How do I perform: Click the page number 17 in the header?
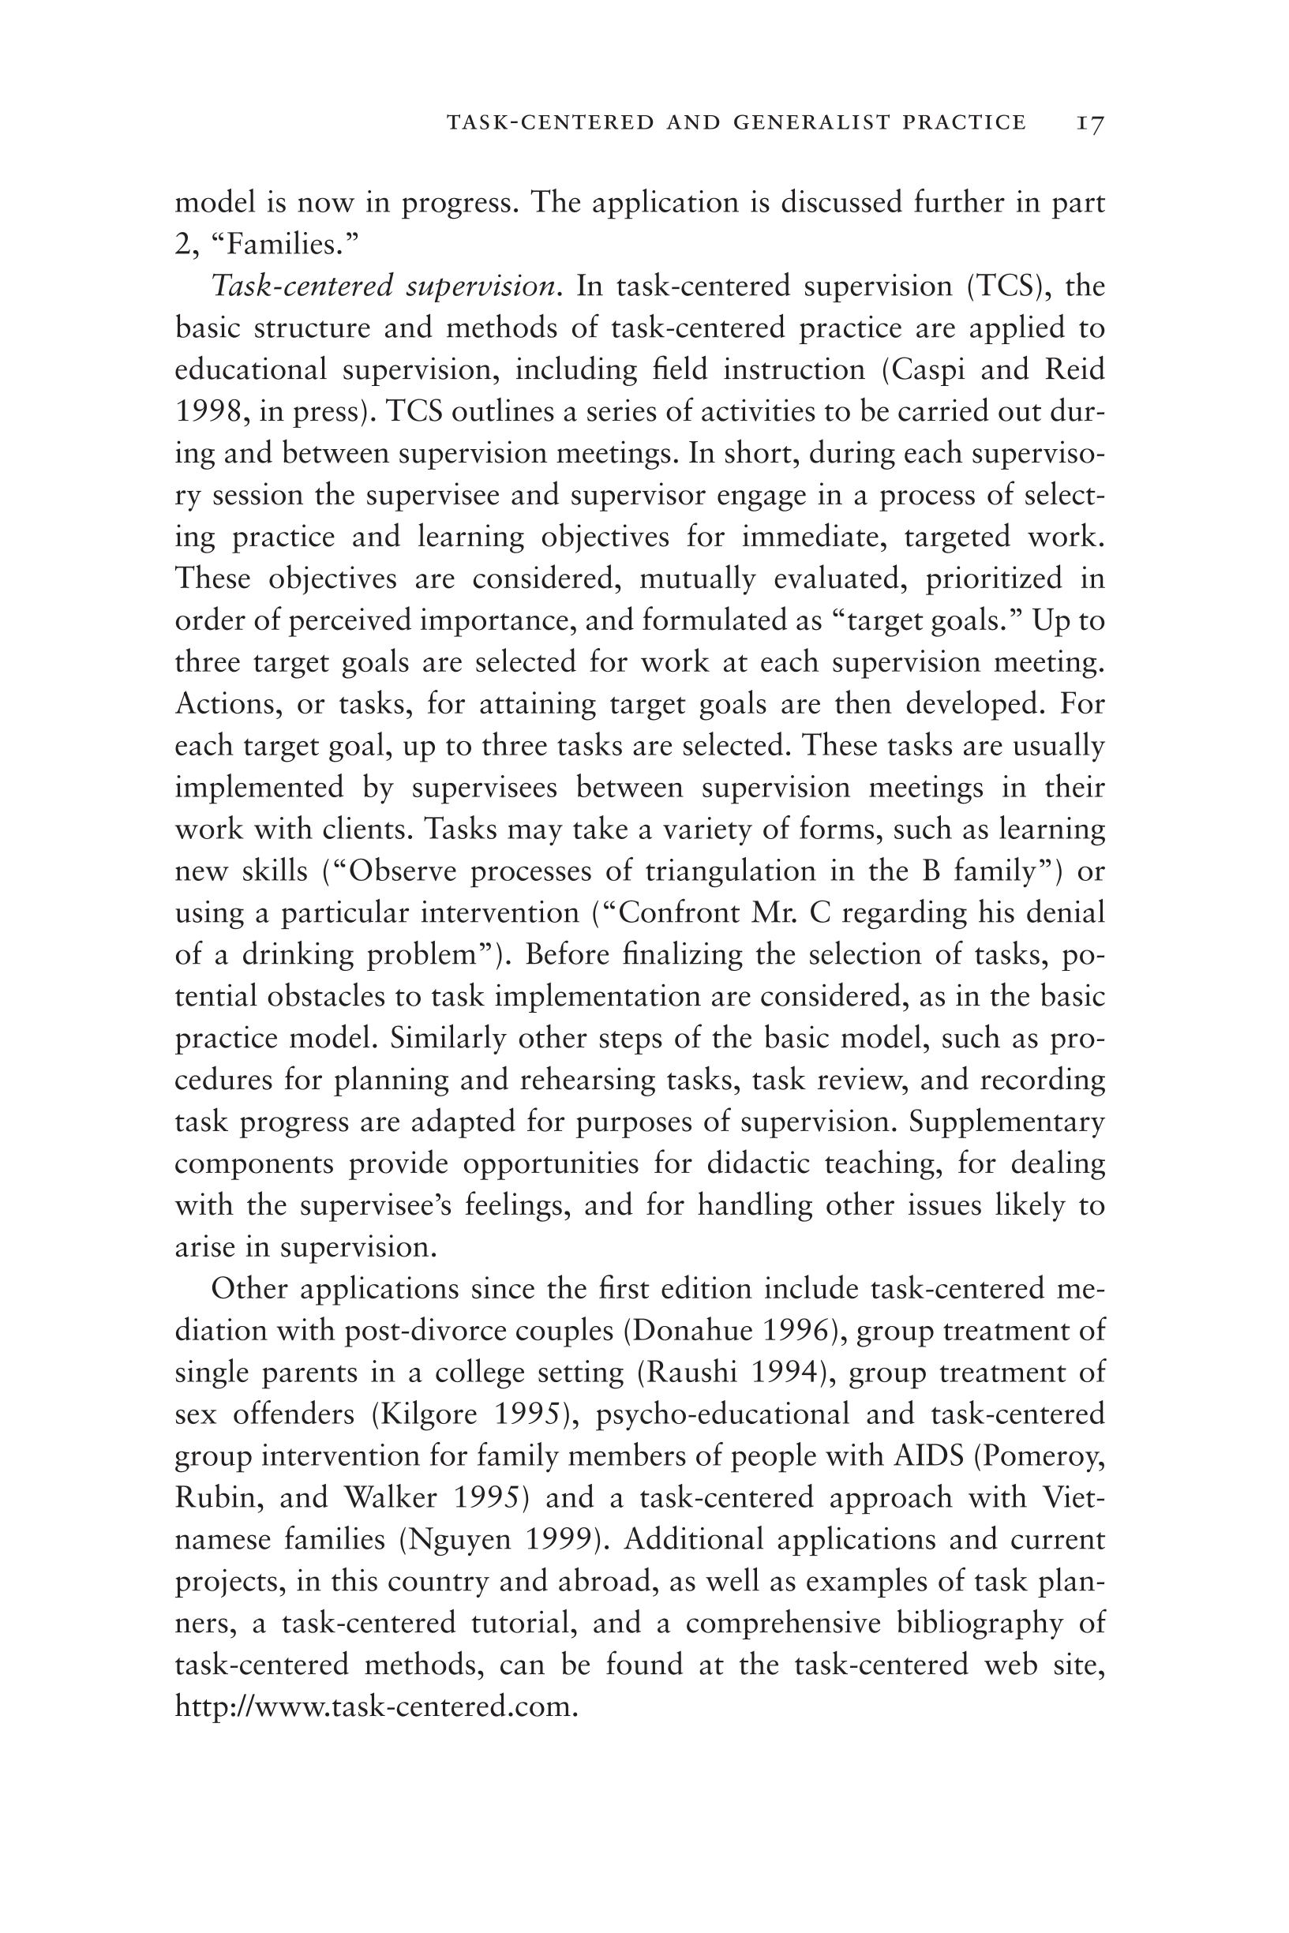coord(1090,123)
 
